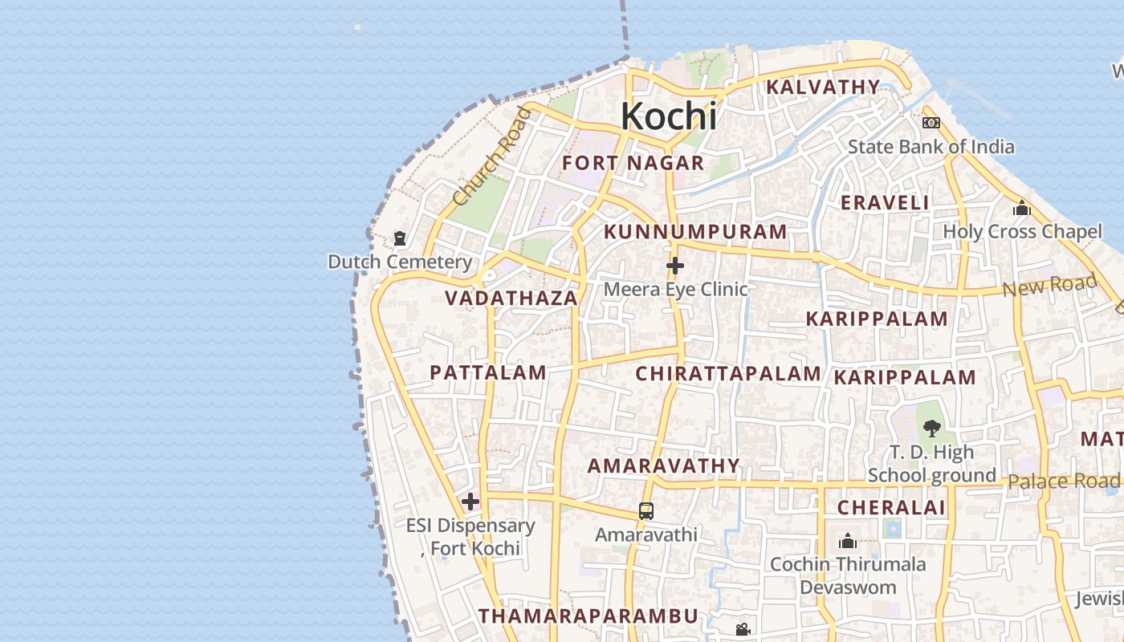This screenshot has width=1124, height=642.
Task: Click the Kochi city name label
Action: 669,116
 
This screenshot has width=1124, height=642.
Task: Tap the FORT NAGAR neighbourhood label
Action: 633,163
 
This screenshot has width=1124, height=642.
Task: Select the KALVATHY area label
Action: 823,87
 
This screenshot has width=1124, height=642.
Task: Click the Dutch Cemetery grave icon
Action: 399,238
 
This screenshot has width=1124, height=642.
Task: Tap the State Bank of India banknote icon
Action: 931,123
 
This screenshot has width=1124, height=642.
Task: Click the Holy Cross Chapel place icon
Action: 1021,209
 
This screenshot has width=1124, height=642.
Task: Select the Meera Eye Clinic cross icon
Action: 675,266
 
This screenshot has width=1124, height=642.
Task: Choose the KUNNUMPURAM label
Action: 695,232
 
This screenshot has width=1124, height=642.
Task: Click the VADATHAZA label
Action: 511,299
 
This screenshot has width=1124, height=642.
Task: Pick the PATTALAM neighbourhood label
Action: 488,372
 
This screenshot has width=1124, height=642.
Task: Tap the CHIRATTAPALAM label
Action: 728,373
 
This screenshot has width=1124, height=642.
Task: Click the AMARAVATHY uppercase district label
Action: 663,465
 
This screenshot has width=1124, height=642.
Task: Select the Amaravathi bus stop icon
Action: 645,510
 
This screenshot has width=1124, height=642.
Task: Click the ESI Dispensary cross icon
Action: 470,502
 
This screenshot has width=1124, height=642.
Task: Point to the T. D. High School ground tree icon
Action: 931,429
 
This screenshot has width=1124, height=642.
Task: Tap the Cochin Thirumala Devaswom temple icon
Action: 847,541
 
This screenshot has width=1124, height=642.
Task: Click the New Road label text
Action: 1049,285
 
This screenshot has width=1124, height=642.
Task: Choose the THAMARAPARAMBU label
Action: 588,616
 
